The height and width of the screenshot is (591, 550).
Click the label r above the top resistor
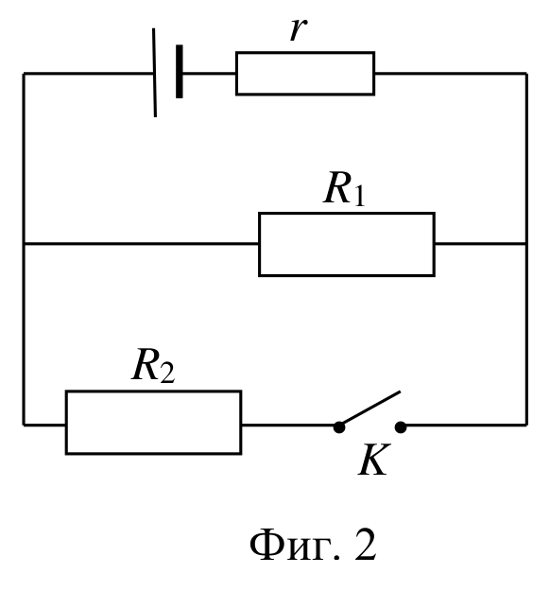[298, 29]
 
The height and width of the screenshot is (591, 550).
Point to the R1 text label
[344, 188]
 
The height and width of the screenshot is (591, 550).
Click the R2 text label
[153, 366]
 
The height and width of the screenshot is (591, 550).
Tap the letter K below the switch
[374, 460]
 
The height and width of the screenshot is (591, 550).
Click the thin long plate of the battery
[154, 73]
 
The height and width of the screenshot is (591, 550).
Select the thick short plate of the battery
[180, 71]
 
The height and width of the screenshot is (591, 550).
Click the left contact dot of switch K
[339, 427]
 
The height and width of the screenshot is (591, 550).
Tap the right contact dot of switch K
[401, 427]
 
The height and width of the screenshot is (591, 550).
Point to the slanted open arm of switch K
[370, 408]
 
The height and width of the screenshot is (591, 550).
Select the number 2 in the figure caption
[365, 545]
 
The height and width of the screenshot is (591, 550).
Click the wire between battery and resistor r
[209, 74]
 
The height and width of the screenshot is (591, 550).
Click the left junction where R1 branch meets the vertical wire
[24, 244]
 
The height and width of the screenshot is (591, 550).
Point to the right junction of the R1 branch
[526, 244]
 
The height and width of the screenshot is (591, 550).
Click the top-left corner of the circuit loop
[24, 74]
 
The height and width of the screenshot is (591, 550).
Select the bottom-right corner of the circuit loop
[526, 426]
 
